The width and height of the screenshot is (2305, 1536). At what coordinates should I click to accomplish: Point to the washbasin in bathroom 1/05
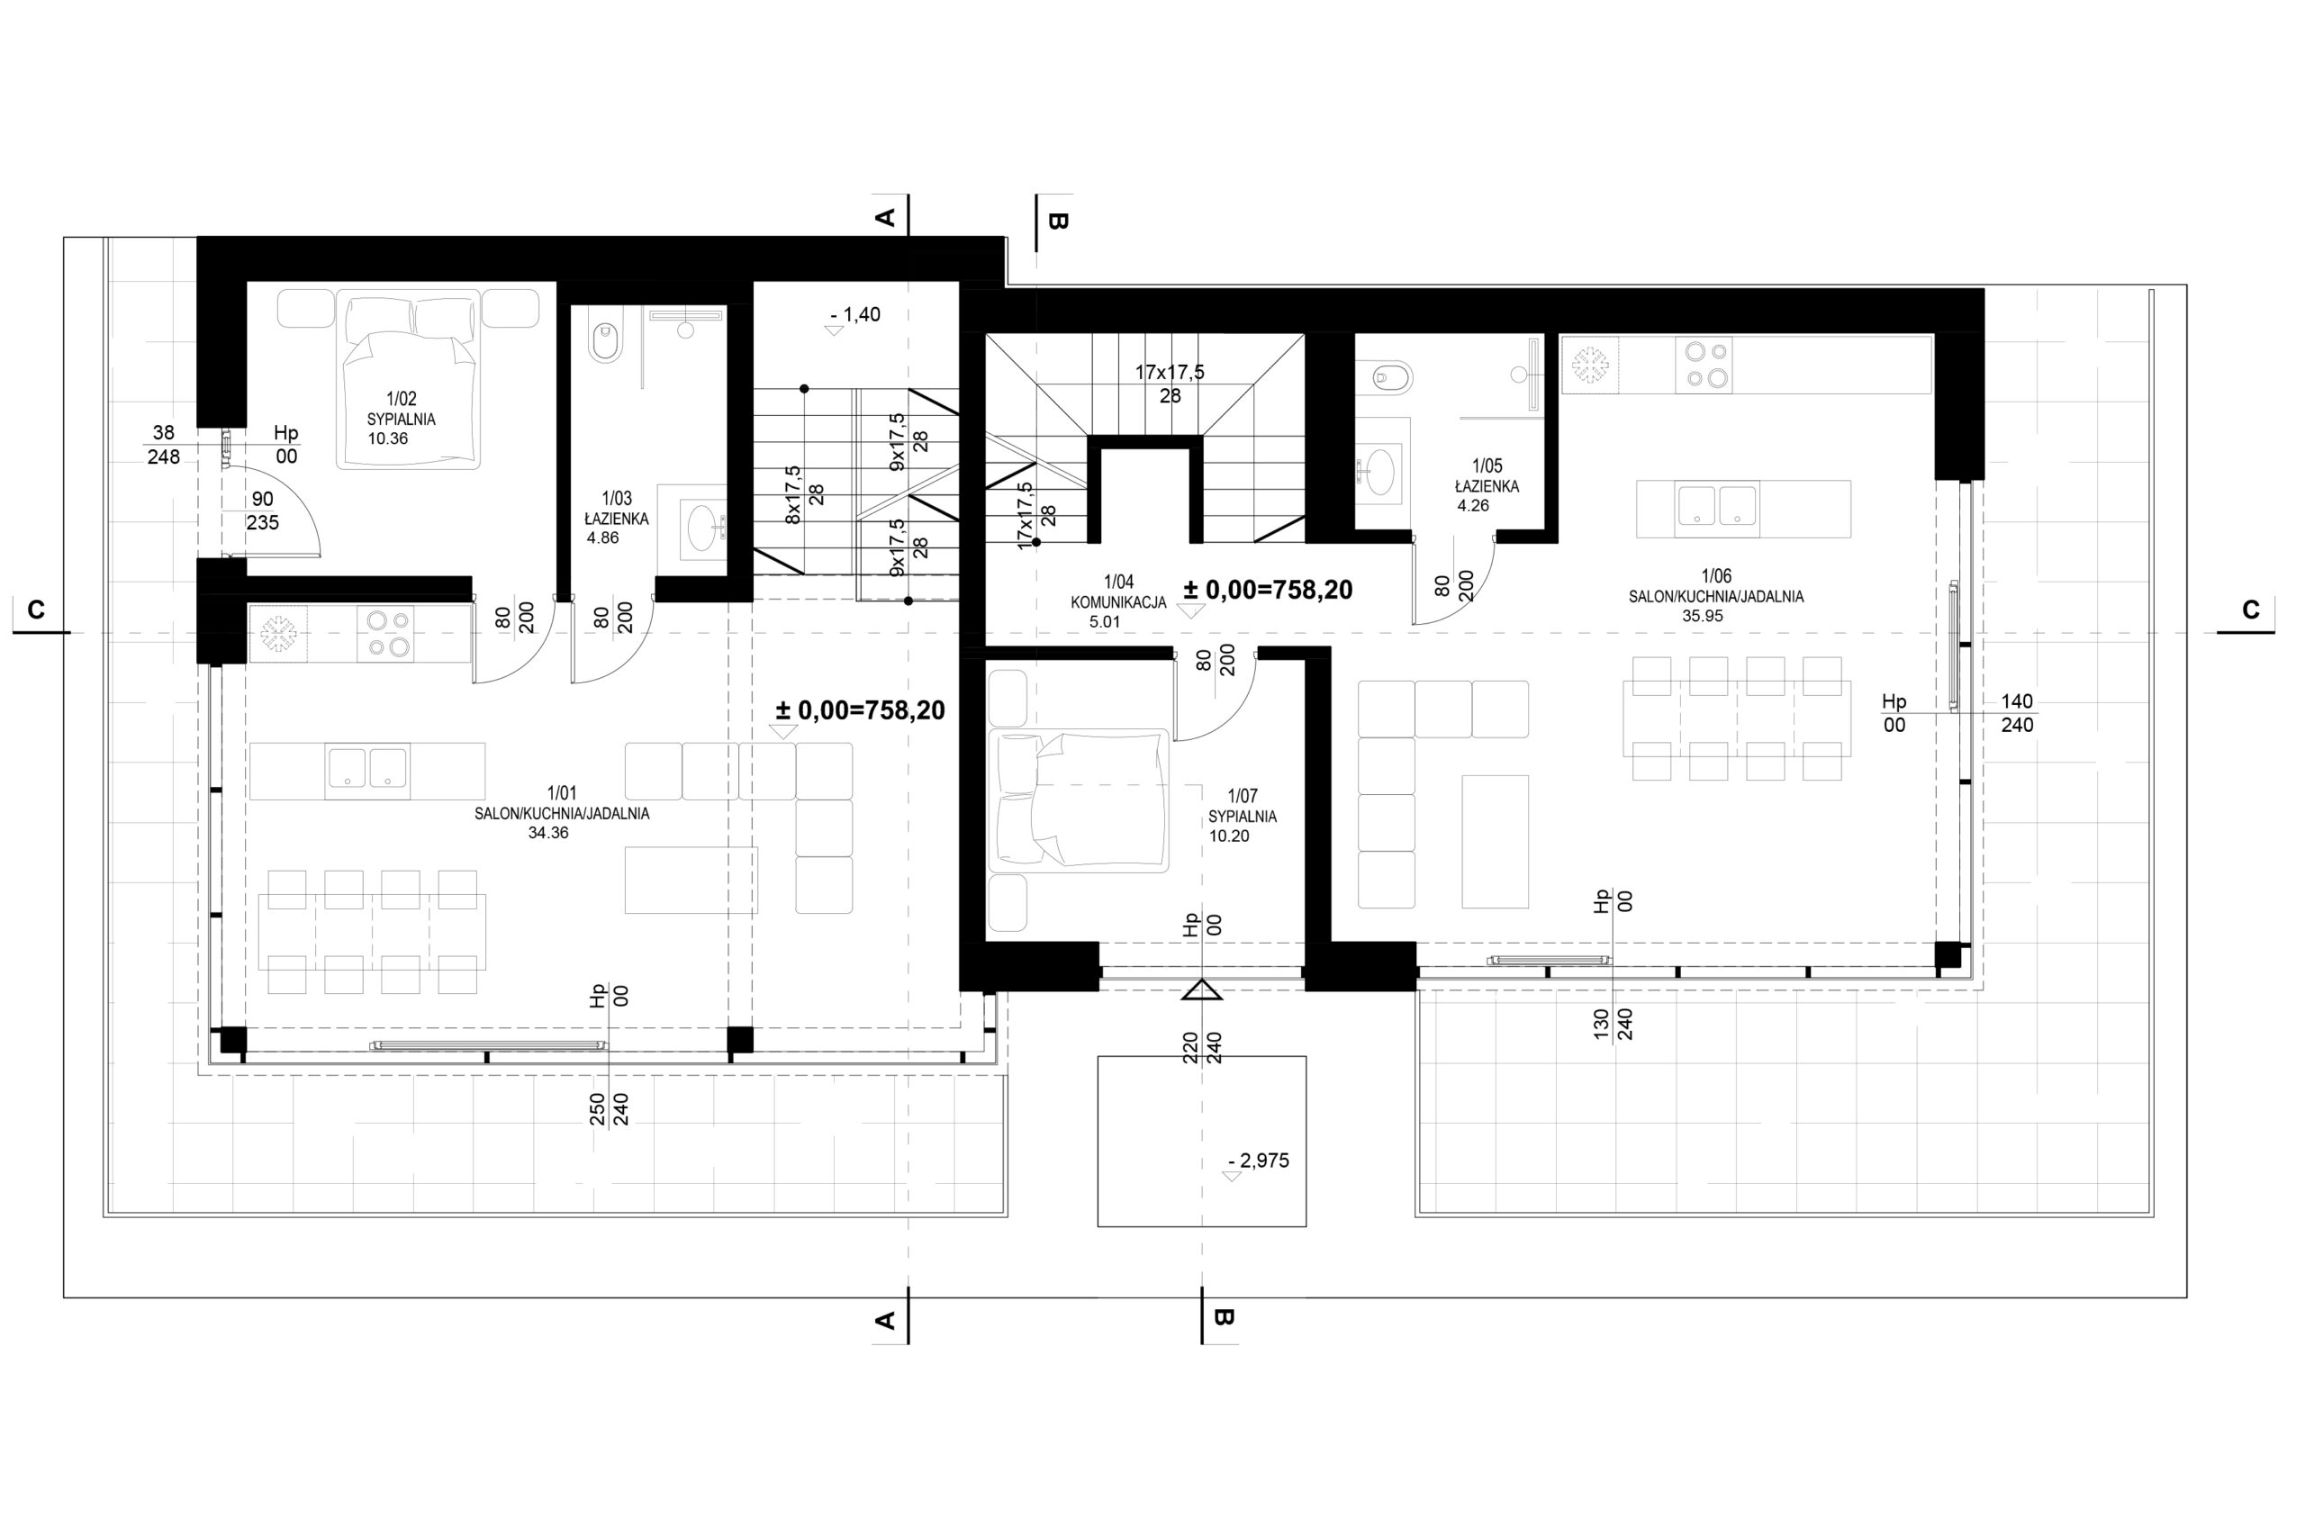(1380, 467)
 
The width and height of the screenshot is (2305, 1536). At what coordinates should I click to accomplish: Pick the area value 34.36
(547, 833)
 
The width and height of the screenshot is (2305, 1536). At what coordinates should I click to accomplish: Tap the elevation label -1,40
(854, 314)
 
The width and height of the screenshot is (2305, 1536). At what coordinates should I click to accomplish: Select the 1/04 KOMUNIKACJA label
(1117, 592)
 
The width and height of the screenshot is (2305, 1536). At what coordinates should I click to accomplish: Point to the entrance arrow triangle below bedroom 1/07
(1201, 990)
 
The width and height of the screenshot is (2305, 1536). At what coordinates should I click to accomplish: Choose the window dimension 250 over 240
(609, 1109)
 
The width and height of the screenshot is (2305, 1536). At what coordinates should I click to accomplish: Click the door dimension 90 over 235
(263, 511)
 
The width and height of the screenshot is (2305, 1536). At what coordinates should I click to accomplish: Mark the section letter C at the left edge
(36, 610)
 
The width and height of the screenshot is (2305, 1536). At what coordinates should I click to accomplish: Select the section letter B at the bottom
(1223, 1317)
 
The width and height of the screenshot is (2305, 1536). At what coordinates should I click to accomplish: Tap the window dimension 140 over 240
(2017, 713)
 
